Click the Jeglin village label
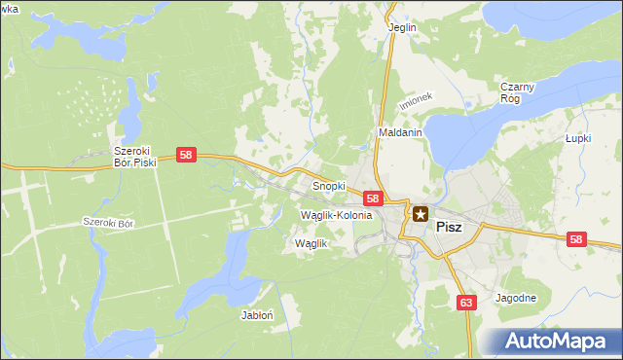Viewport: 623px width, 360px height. [x=402, y=27]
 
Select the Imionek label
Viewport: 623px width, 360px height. [x=414, y=103]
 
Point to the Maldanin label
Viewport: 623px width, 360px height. [x=399, y=131]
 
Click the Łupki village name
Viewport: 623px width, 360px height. [x=579, y=138]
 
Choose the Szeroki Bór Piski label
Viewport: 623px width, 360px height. [x=135, y=158]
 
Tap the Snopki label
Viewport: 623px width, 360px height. [x=329, y=185]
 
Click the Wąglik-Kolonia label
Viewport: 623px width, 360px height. [x=336, y=215]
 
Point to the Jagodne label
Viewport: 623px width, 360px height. [x=516, y=298]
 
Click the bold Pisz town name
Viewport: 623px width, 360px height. [x=449, y=226]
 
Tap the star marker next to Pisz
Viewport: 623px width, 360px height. [x=421, y=213]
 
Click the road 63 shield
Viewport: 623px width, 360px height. [x=466, y=303]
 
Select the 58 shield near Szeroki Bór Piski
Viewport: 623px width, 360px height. [x=187, y=155]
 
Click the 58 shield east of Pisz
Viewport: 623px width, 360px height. [x=577, y=239]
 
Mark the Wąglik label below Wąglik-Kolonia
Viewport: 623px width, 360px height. [x=311, y=244]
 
